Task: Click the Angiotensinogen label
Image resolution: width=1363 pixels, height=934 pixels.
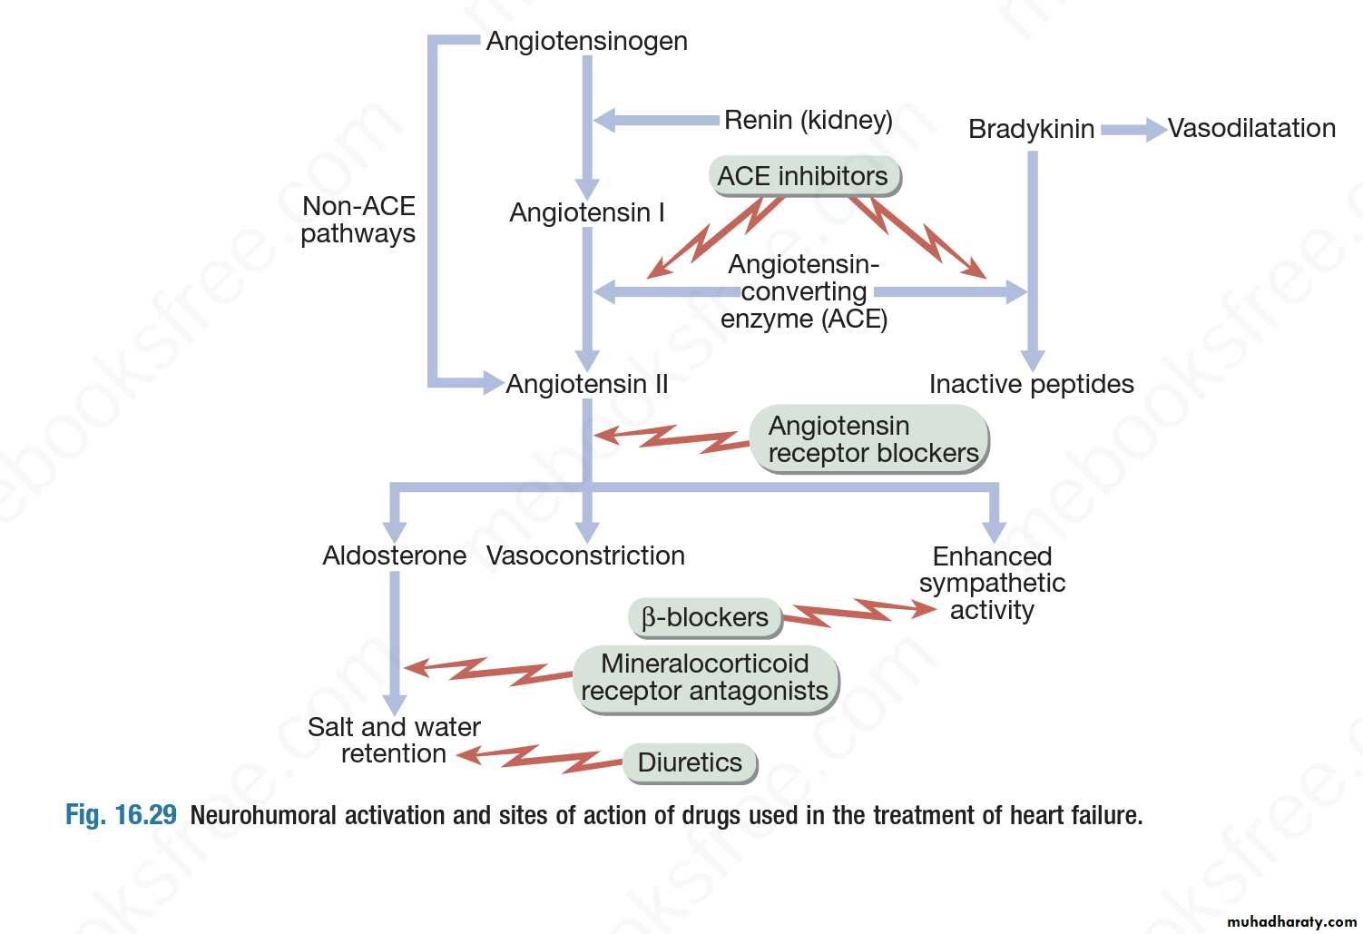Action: (x=586, y=41)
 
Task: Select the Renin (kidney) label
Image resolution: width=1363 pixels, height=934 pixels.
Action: (x=808, y=120)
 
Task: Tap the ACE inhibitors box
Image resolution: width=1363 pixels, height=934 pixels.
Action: (x=803, y=176)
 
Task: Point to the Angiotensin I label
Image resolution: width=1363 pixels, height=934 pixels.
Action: (x=586, y=212)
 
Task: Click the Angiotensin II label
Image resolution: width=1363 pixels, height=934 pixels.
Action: (x=586, y=384)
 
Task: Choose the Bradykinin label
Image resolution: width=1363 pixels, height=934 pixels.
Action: (x=1031, y=129)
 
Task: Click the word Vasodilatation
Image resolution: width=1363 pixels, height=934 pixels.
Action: (x=1250, y=128)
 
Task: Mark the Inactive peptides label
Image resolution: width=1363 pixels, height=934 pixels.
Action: (x=1031, y=384)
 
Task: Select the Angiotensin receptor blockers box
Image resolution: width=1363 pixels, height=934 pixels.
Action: (x=869, y=439)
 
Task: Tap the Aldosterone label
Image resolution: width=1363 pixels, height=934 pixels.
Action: (x=394, y=555)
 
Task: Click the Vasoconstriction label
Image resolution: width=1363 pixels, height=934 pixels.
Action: (x=585, y=555)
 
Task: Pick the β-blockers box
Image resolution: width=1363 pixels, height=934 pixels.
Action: (x=705, y=617)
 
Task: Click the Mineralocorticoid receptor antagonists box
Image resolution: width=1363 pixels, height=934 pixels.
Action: (x=705, y=678)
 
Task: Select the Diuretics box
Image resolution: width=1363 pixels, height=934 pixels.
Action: (x=690, y=762)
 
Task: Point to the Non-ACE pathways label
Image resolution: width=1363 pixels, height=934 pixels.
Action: (x=358, y=220)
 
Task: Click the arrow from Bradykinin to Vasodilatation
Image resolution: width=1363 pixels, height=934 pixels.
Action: (x=1133, y=130)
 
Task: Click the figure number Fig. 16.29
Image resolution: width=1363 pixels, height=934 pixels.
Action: (x=121, y=815)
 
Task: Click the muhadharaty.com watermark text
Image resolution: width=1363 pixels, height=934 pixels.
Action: (x=1291, y=921)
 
